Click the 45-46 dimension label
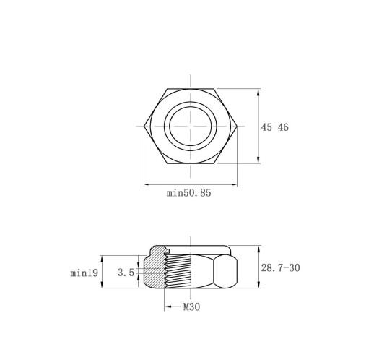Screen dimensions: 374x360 pos(275,127)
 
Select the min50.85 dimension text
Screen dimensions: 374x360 pos(188,193)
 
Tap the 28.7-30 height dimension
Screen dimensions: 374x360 pos(281,267)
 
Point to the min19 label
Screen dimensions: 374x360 pos(84,273)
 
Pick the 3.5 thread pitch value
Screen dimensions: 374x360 pos(126,273)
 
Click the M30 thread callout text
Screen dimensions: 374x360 pos(191,307)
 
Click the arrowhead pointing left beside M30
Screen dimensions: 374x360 pos(168,307)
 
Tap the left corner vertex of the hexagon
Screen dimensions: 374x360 pos(144,126)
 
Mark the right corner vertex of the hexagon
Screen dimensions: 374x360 pos(237,126)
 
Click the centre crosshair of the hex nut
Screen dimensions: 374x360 pos(191,126)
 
